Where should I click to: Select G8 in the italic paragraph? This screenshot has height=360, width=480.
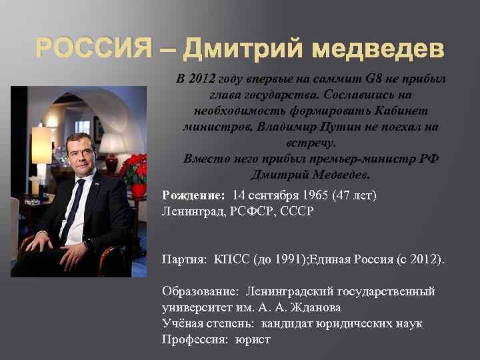pyautogui.click(x=355, y=79)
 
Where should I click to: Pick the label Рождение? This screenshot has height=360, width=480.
pyautogui.click(x=194, y=195)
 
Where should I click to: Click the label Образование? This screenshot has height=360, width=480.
pyautogui.click(x=201, y=291)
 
